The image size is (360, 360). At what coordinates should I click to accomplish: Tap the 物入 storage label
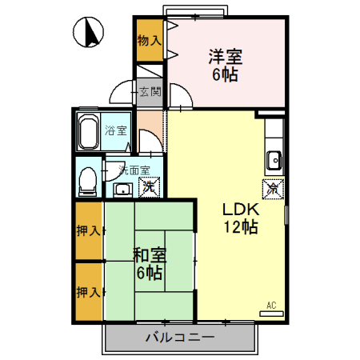(x=149, y=39)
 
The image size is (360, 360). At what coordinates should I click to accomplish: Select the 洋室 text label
(x=226, y=58)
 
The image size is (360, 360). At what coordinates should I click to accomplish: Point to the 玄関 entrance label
(x=149, y=92)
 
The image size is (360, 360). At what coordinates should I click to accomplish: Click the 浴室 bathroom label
(x=117, y=130)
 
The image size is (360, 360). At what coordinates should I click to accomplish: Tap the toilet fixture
(x=87, y=180)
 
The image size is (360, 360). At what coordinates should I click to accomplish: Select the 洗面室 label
(x=133, y=170)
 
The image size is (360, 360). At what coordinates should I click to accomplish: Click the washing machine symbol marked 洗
(x=147, y=189)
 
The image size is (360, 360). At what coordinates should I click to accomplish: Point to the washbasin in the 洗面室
(x=122, y=190)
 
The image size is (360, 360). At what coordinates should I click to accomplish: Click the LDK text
(x=241, y=209)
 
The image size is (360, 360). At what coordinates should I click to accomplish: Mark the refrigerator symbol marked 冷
(x=272, y=190)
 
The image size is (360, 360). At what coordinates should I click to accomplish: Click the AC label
(x=271, y=305)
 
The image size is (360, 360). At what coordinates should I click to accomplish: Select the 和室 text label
(x=150, y=255)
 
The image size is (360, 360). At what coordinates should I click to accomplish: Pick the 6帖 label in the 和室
(x=150, y=274)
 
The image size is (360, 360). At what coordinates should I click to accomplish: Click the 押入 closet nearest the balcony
(x=88, y=292)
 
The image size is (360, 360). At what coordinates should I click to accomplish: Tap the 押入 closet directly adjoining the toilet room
(x=88, y=231)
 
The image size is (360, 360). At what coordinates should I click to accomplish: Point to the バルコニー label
(x=179, y=338)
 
